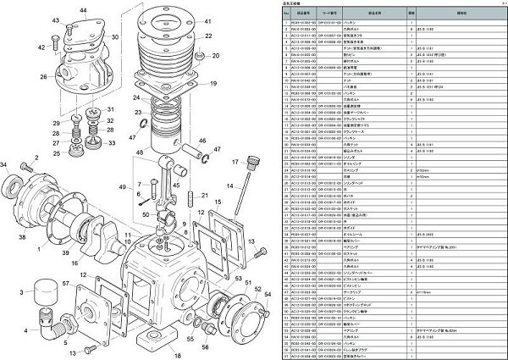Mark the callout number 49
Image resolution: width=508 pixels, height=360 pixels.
122,186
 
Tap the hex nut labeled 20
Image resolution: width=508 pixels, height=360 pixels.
194,58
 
